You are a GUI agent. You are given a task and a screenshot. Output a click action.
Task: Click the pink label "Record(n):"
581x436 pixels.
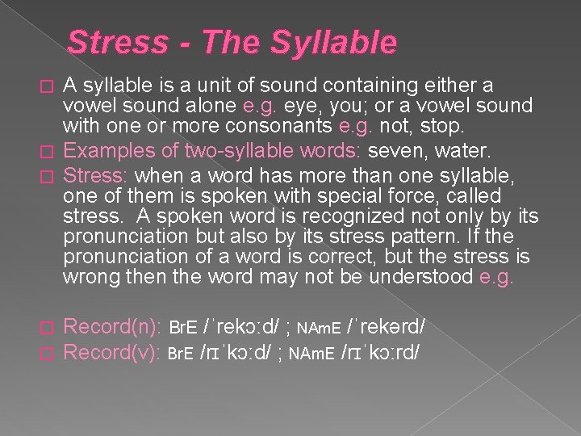pos(113,328)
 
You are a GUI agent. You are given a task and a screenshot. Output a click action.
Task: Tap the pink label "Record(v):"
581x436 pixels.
pos(113,353)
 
